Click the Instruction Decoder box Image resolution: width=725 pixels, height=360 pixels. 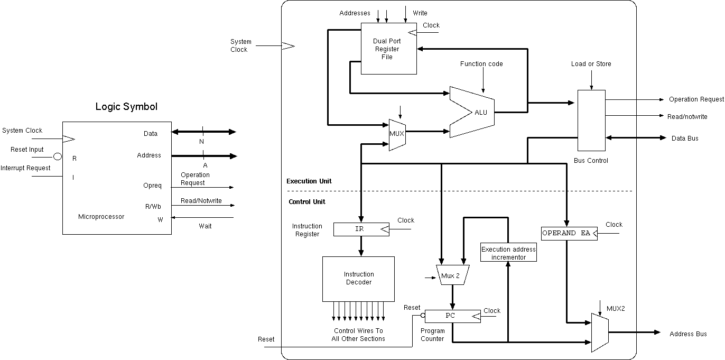(x=359, y=279)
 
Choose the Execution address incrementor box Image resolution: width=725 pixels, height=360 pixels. (x=508, y=253)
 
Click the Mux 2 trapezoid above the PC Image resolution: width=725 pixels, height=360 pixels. (x=451, y=275)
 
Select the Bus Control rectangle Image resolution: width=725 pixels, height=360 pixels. (x=591, y=121)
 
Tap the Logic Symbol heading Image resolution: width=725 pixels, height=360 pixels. (x=126, y=107)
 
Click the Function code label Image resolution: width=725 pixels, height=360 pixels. (x=481, y=64)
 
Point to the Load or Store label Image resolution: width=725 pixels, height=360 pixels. (x=591, y=64)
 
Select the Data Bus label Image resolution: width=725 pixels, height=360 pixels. (x=685, y=139)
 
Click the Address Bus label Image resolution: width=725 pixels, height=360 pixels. (x=688, y=334)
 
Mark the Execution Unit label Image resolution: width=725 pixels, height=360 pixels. (x=309, y=181)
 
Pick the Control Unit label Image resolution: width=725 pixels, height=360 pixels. (x=307, y=202)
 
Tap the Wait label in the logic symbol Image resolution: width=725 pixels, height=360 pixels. (x=205, y=226)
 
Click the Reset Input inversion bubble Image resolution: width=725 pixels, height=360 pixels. (x=58, y=156)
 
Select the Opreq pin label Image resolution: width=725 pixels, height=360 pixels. (x=152, y=186)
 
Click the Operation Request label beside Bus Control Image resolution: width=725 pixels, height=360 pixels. (x=696, y=99)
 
